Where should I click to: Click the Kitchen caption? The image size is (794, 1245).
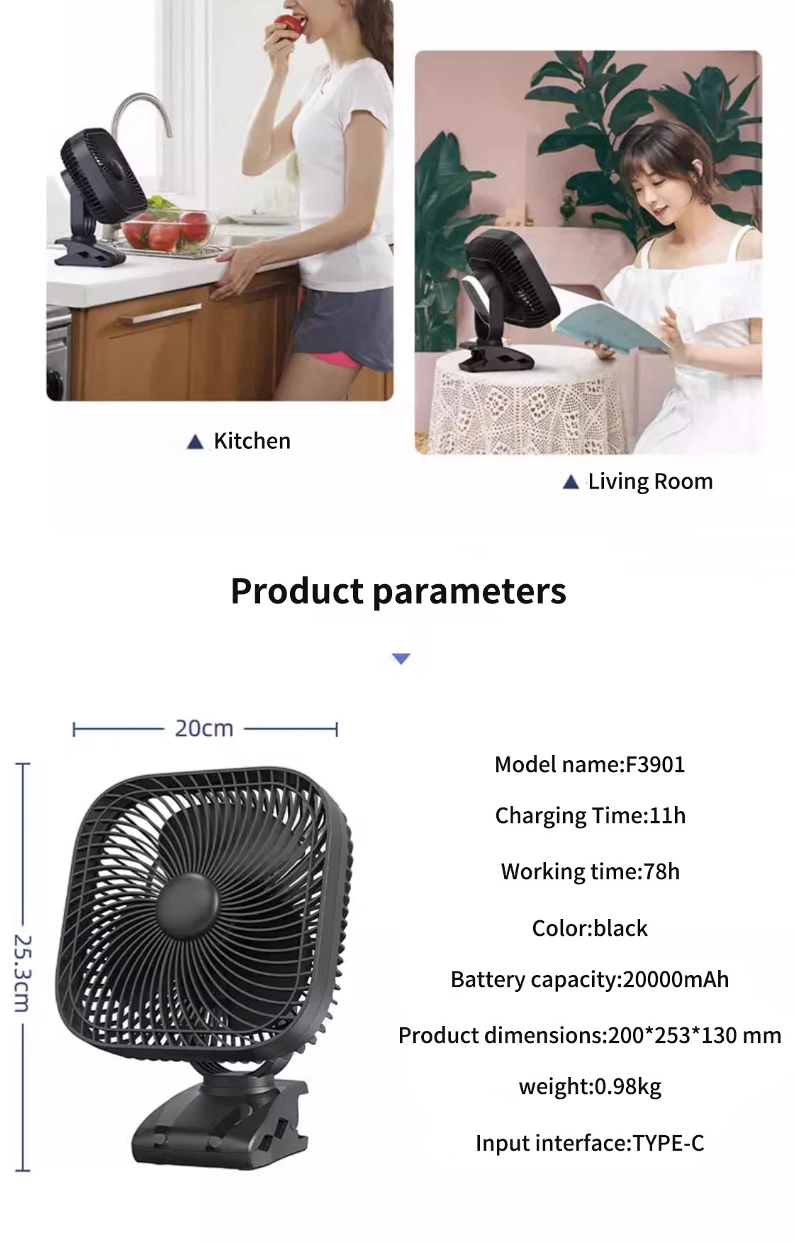click(252, 441)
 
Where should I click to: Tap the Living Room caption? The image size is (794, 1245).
click(650, 481)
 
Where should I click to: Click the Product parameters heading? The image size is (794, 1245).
click(398, 591)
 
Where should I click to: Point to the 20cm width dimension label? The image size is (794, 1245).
click(204, 728)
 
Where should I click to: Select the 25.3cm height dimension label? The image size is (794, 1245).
click(23, 973)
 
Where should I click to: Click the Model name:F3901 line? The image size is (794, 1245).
click(590, 764)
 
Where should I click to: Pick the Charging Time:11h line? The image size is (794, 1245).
click(591, 816)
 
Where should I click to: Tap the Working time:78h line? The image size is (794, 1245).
click(591, 871)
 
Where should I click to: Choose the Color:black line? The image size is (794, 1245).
click(590, 928)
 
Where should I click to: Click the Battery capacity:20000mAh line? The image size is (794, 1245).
click(590, 980)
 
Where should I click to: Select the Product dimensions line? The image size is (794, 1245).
click(590, 1036)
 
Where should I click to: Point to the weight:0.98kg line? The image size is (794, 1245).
click(590, 1087)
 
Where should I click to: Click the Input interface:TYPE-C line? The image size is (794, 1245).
click(590, 1143)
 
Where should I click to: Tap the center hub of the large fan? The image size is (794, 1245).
click(186, 905)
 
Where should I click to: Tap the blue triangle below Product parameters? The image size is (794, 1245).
click(401, 659)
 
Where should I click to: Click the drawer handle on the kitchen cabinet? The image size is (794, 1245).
click(160, 313)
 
